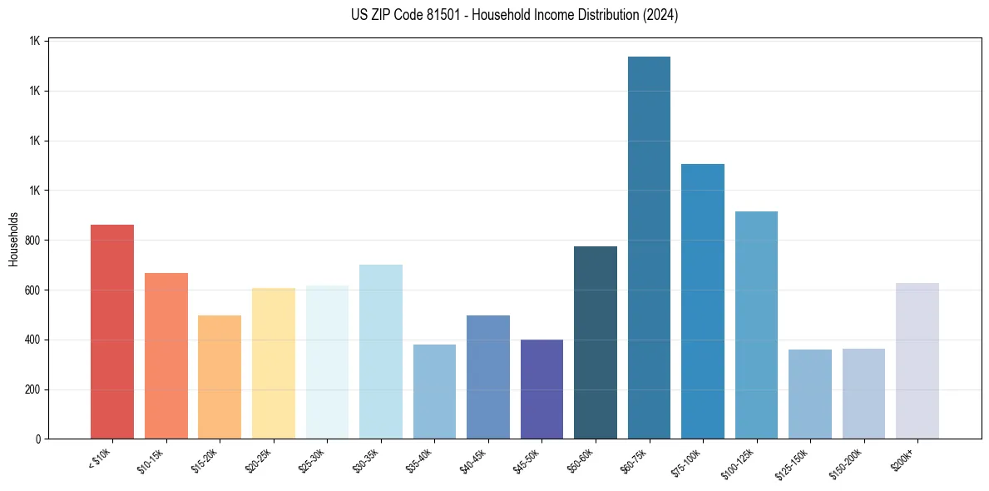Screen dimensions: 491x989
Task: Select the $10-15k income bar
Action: [x=166, y=355]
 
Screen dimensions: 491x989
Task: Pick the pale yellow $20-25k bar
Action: [x=273, y=363]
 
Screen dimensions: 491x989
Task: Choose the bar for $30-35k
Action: [x=380, y=351]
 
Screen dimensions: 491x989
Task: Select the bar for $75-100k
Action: [x=702, y=301]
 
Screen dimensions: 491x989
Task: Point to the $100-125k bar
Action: [x=756, y=325]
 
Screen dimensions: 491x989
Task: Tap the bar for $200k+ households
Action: [x=917, y=360]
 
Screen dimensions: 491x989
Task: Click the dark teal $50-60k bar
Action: [x=596, y=342]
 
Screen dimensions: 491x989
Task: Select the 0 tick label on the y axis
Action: [x=37, y=439]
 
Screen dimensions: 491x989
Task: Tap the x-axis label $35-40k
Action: [x=423, y=459]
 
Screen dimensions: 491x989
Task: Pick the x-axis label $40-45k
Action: [x=476, y=459]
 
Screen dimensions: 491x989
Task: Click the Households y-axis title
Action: [x=13, y=239]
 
